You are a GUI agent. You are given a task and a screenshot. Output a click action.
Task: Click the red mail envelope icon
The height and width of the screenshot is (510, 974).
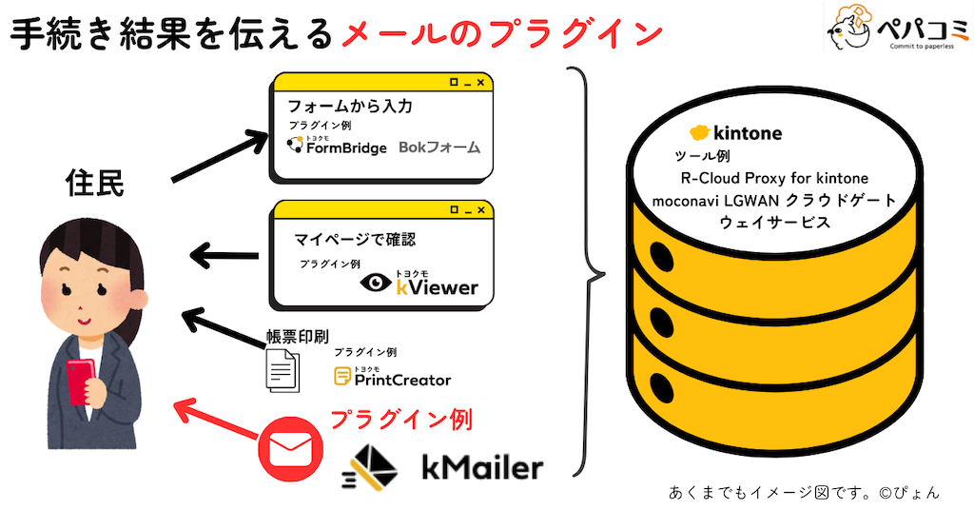point(290,447)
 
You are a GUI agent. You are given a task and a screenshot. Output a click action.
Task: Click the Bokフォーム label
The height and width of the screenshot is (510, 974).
point(439,147)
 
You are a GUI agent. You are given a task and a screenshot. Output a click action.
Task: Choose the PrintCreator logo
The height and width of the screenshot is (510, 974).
point(392,378)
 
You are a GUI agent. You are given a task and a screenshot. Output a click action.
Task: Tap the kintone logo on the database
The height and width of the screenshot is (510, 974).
point(735,132)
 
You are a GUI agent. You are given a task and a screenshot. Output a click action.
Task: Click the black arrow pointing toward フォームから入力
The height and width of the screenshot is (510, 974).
point(221,155)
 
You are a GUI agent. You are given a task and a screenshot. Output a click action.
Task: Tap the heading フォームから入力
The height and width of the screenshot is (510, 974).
point(350,108)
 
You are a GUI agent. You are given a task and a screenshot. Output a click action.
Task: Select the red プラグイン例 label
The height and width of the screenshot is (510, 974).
point(400,419)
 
